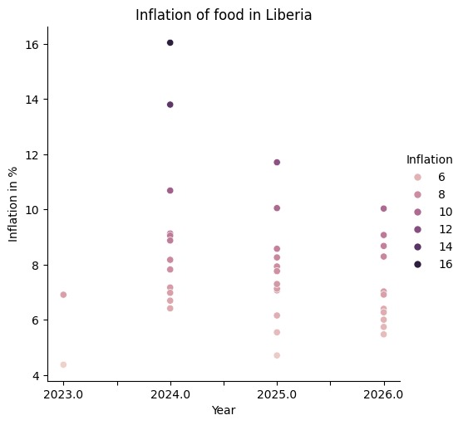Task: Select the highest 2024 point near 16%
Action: pos(170,42)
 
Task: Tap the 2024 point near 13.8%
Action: pos(170,105)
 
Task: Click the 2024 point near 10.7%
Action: pos(170,190)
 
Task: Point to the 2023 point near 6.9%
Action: pos(63,295)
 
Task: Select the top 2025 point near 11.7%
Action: pos(277,162)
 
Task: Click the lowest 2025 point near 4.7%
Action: pos(277,355)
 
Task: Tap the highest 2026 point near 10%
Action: pos(383,208)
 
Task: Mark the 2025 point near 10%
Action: pos(277,208)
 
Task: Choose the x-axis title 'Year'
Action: pos(224,410)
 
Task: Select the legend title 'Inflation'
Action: pos(429,159)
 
